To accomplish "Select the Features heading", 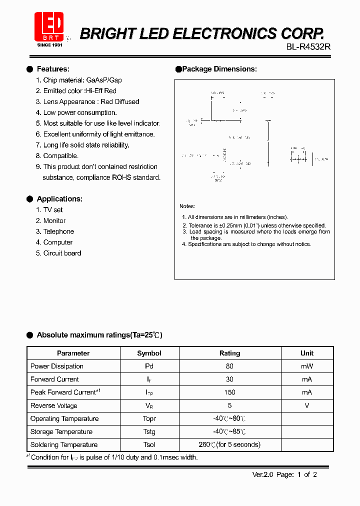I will click(x=52, y=69).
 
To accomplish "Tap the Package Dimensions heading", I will click(x=219, y=69).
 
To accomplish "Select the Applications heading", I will click(x=59, y=199).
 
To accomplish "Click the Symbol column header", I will click(x=149, y=353).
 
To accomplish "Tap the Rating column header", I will click(x=229, y=353).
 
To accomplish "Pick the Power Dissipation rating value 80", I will click(x=229, y=366).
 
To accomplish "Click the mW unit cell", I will click(x=306, y=366).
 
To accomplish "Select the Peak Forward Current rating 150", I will click(x=229, y=392).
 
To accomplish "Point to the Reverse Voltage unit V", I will click(x=306, y=405).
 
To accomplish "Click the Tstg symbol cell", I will click(x=149, y=431).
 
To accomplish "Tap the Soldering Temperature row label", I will click(x=64, y=444).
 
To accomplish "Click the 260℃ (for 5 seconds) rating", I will click(x=229, y=444).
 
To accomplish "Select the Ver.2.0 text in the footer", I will click(x=261, y=474).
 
